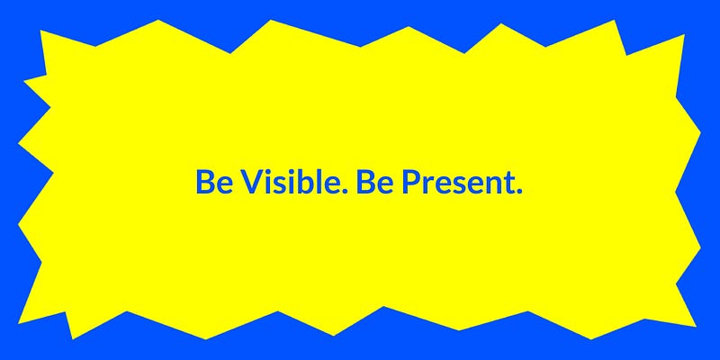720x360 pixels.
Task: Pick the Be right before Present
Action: pyautogui.click(x=374, y=182)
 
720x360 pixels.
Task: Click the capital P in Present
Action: pyautogui.click(x=411, y=182)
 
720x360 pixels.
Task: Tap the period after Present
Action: pyautogui.click(x=519, y=191)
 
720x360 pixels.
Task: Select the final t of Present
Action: pyautogui.click(x=508, y=184)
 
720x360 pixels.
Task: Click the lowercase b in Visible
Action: pyautogui.click(x=302, y=182)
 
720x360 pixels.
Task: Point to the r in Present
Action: pyautogui.click(x=428, y=185)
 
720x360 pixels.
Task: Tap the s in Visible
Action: pyautogui.click(x=281, y=185)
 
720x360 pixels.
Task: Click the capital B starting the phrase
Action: pyautogui.click(x=205, y=182)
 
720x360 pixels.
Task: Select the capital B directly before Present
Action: pyautogui.click(x=365, y=182)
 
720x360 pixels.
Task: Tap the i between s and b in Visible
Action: pyautogui.click(x=291, y=182)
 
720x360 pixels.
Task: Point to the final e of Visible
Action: pyautogui.click(x=329, y=185)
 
